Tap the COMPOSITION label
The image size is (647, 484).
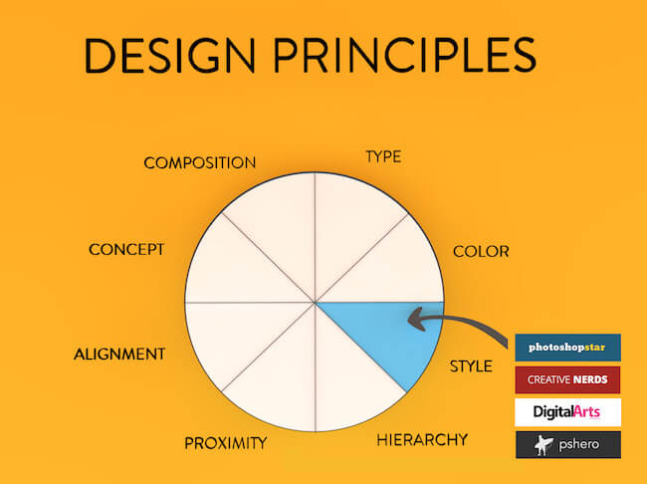click(200, 162)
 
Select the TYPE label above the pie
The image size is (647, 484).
click(383, 156)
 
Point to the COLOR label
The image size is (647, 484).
click(481, 251)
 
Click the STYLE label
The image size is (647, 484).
click(471, 366)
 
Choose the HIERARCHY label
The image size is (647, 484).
click(422, 439)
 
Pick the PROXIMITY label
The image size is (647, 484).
click(226, 442)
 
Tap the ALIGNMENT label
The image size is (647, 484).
click(119, 354)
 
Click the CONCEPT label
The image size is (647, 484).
click(126, 249)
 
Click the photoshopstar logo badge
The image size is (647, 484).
click(567, 348)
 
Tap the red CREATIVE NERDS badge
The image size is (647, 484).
click(567, 379)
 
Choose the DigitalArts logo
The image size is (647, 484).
click(567, 412)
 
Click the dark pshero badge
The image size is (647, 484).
click(567, 444)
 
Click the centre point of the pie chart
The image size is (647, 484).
click(316, 303)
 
